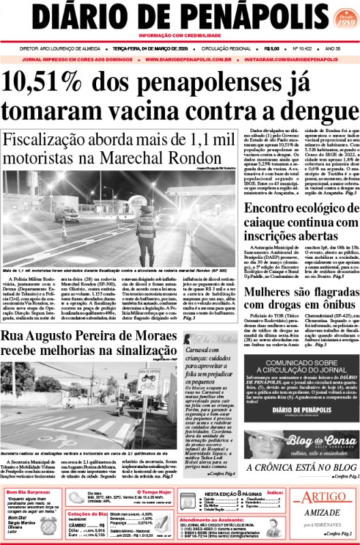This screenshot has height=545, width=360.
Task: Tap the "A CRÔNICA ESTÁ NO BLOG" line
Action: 301,467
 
